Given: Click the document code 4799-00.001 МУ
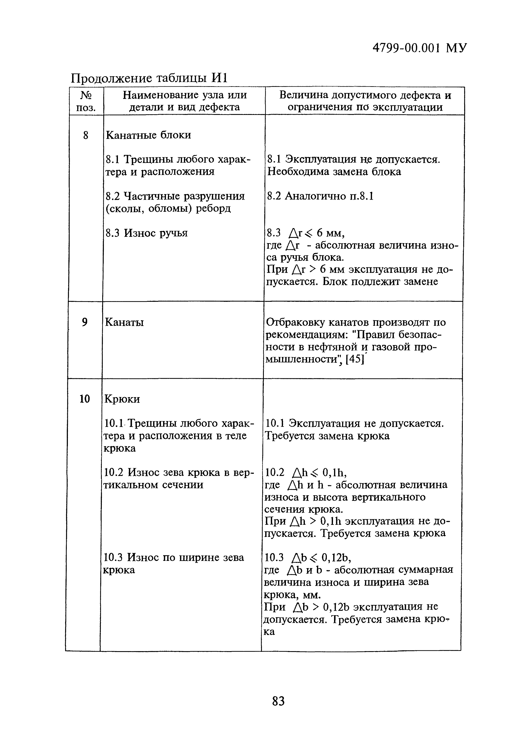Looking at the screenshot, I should coord(420,48).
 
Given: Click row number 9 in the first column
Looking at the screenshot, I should coord(85,322).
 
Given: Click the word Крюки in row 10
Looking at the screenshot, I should coord(122,399).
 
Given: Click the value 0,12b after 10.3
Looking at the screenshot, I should coord(336,558).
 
